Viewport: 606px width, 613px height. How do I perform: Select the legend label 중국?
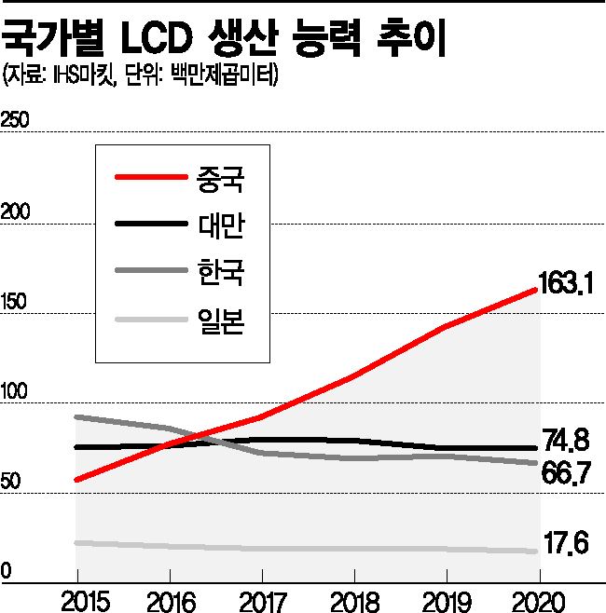220,176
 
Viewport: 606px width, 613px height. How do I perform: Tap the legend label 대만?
220,225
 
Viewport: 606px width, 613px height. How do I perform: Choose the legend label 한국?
220,273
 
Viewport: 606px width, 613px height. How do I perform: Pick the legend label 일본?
220,321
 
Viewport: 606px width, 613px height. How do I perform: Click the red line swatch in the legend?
149,176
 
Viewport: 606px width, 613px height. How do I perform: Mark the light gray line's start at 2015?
76,542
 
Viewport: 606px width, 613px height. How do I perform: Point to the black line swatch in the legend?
149,225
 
